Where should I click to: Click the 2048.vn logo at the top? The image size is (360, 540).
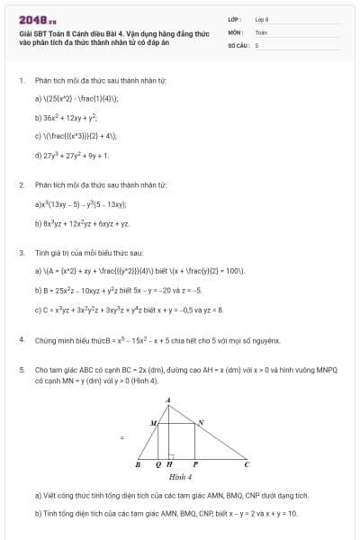pos(37,18)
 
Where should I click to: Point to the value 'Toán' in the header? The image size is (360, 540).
pos(261,31)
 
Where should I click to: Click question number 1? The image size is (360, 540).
pos(21,80)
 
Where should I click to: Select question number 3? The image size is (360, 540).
pos(21,254)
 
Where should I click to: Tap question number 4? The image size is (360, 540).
pos(21,340)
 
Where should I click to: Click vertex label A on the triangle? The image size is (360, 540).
pos(167,399)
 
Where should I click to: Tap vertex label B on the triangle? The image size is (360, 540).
pos(137,465)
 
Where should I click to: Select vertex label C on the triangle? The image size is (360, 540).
pos(247,465)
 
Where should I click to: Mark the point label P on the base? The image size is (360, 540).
pos(194,465)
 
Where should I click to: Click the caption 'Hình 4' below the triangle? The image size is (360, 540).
pos(180,477)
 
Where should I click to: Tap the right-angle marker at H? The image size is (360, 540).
pos(171,455)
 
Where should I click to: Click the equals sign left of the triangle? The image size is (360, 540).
pos(121,437)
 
